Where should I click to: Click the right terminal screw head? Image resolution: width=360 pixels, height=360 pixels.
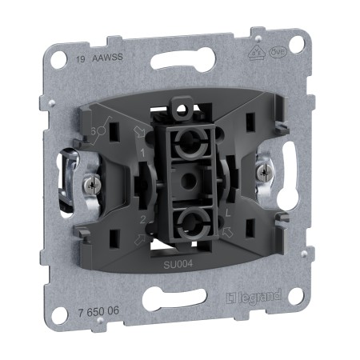click(x=260, y=170)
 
